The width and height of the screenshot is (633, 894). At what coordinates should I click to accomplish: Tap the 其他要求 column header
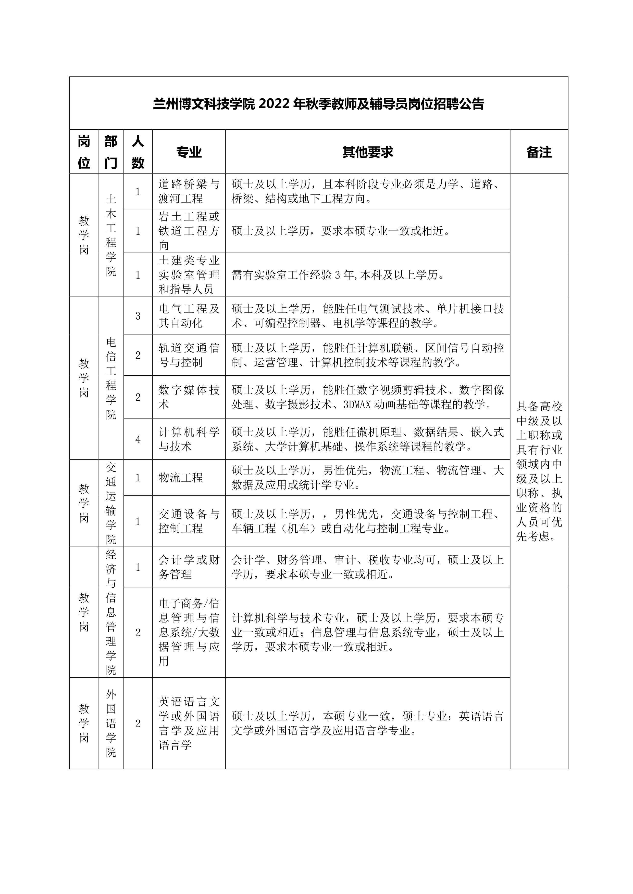[x=368, y=152]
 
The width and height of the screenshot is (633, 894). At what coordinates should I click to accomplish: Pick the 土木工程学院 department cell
[x=111, y=235]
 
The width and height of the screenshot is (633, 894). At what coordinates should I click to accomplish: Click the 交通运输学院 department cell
[x=111, y=503]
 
